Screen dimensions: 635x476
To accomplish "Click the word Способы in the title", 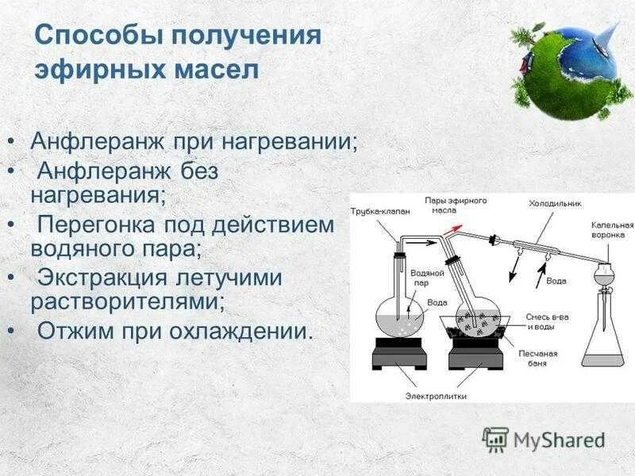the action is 100,36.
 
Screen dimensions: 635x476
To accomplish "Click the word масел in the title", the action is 217,70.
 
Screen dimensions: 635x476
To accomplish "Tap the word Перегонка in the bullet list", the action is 96,225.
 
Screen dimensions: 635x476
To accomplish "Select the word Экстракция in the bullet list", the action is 102,278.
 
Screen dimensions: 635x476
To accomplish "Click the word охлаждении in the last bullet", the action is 241,331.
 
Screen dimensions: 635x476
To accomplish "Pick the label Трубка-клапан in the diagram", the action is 380,211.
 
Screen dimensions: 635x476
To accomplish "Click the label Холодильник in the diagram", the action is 555,204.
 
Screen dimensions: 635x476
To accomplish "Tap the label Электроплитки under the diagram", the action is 436,396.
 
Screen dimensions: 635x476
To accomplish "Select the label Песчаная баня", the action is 538,359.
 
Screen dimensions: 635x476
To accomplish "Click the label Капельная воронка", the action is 612,230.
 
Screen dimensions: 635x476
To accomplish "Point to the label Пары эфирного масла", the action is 456,205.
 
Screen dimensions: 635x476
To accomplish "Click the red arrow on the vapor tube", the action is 452,229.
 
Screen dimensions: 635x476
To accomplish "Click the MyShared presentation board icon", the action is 495,440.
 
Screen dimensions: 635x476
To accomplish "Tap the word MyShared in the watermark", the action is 560,440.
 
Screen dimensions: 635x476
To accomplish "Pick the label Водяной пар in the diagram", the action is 427,278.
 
